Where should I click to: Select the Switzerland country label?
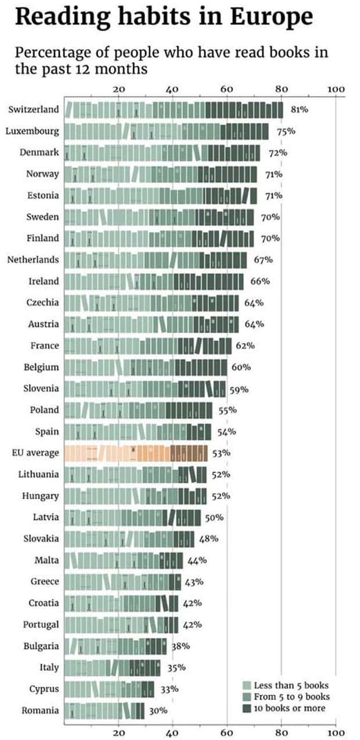pyautogui.click(x=34, y=110)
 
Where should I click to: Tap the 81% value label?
pyautogui.click(x=299, y=110)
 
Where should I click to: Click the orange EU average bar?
pyautogui.click(x=135, y=453)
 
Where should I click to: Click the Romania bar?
pyautogui.click(x=104, y=711)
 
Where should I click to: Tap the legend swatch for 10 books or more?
pyautogui.click(x=246, y=708)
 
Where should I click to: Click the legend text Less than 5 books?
pyautogui.click(x=291, y=685)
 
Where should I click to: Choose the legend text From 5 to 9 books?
pyautogui.click(x=291, y=696)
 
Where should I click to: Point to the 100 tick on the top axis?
pyautogui.click(x=336, y=89)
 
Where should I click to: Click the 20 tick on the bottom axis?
pyautogui.click(x=118, y=733)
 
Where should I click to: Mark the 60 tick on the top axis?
pyautogui.click(x=226, y=89)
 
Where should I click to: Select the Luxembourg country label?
pyautogui.click(x=33, y=131)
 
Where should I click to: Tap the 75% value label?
pyautogui.click(x=286, y=131)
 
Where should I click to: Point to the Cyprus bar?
pyautogui.click(x=109, y=690)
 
